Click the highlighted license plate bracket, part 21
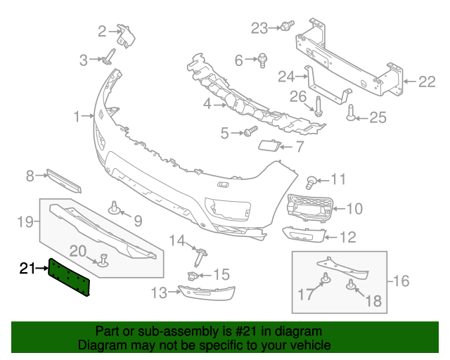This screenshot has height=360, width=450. click(69, 277)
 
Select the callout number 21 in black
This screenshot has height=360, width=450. click(27, 269)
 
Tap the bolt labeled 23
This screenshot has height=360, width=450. click(288, 25)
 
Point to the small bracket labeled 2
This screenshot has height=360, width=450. click(126, 37)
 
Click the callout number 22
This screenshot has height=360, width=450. click(427, 82)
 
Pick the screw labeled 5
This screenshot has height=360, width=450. click(250, 131)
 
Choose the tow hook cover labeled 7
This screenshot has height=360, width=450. click(269, 145)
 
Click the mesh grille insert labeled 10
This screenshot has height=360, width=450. click(310, 208)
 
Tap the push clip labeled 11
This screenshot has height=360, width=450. click(311, 183)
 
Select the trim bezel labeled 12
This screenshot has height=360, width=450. click(304, 235)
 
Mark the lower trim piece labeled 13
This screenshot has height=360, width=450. click(207, 292)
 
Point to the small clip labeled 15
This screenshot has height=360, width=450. click(192, 276)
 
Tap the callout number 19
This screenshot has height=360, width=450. click(25, 222)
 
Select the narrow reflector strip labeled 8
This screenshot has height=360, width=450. click(64, 181)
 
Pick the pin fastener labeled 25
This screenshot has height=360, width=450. click(352, 112)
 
